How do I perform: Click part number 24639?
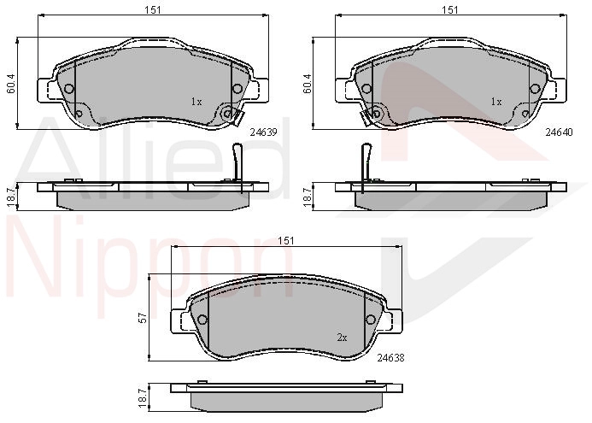[x=263, y=132]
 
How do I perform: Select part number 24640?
[x=559, y=132]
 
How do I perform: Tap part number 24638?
[x=390, y=357]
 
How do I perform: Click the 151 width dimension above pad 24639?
[x=153, y=10]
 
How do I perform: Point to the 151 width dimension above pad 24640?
[x=450, y=10]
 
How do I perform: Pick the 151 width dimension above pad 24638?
[x=286, y=241]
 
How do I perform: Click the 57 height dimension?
[x=144, y=318]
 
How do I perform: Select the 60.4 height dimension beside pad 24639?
[x=11, y=84]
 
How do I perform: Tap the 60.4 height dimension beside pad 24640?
[x=307, y=84]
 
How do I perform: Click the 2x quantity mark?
[x=342, y=338]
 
